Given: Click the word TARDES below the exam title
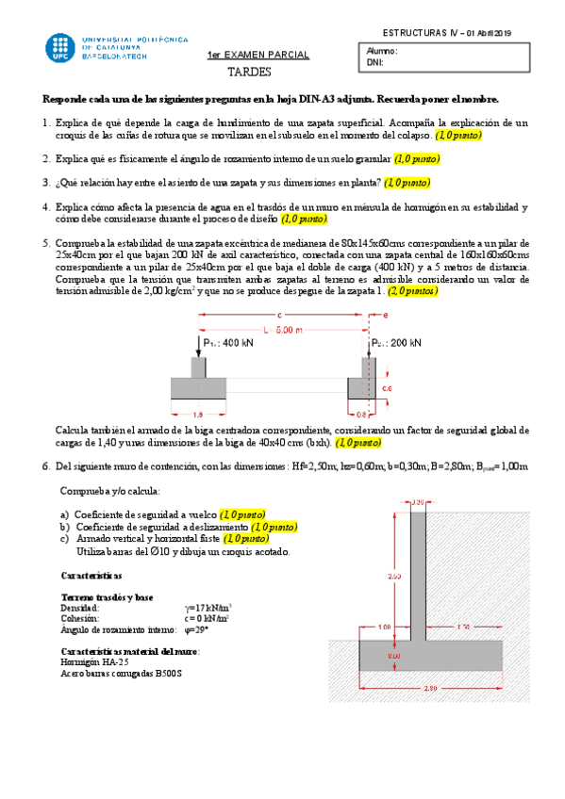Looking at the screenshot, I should (x=249, y=72).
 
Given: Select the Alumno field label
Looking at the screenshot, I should (x=382, y=52).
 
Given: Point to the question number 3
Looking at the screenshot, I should (x=46, y=183).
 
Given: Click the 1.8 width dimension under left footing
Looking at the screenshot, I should (x=197, y=414).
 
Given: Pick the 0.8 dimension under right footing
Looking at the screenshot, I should (x=362, y=414).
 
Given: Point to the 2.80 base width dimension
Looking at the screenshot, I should (x=431, y=688).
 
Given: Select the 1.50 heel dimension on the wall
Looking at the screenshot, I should (x=462, y=627).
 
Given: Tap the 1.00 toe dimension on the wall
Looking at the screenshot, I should (x=384, y=627).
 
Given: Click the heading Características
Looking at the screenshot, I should (x=91, y=574).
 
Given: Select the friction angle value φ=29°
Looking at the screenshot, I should (x=196, y=629).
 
